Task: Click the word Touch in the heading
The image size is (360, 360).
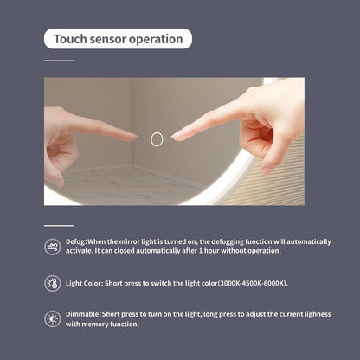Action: tap(70, 39)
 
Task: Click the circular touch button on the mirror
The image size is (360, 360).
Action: tap(157, 139)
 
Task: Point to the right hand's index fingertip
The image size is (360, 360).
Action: tap(174, 137)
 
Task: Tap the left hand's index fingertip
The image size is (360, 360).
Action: tap(134, 136)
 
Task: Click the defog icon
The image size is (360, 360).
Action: tap(53, 247)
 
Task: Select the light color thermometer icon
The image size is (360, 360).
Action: tap(53, 283)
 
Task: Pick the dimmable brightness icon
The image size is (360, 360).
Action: tap(53, 318)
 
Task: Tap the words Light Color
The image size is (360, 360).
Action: tap(84, 283)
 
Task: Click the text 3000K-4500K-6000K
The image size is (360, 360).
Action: tap(252, 283)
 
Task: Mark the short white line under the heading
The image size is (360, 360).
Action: tap(59, 61)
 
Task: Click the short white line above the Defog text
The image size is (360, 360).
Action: tap(59, 226)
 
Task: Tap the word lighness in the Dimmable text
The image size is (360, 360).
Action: tap(317, 314)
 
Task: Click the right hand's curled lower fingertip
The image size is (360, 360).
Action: tap(267, 170)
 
